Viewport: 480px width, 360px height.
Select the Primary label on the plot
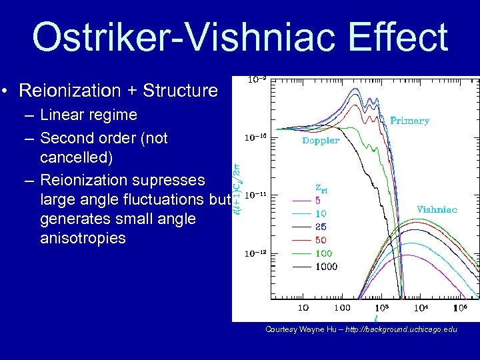click(x=409, y=121)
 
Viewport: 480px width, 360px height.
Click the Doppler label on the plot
click(x=321, y=141)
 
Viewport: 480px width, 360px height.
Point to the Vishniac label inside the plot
click(x=437, y=209)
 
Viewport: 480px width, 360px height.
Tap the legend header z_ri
click(x=321, y=187)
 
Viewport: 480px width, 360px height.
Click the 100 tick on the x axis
click(x=342, y=308)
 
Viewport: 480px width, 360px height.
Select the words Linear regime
click(x=89, y=115)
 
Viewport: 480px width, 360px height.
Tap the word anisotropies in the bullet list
click(x=83, y=238)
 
